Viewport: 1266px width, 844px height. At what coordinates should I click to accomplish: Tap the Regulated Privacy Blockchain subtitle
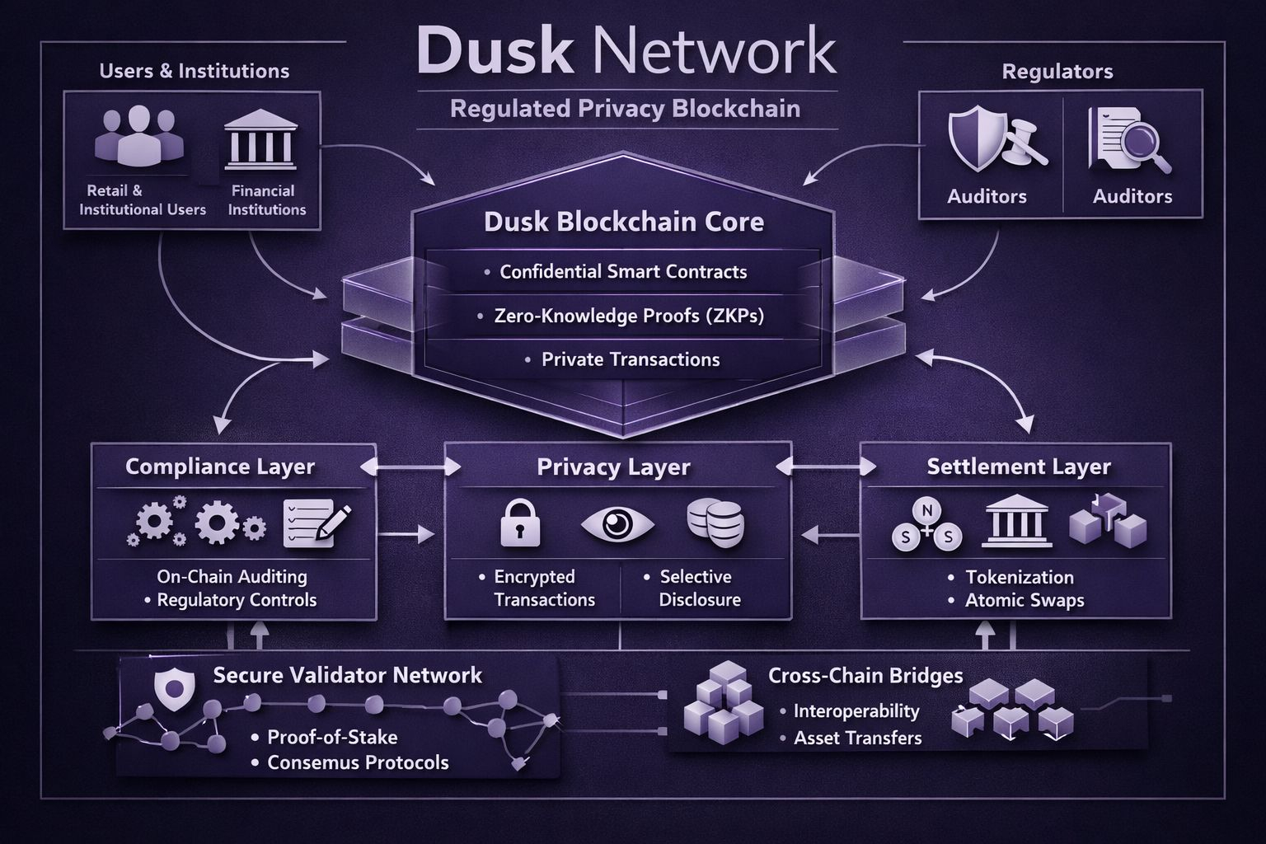[625, 109]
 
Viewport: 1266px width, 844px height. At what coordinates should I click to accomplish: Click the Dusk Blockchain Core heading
[624, 222]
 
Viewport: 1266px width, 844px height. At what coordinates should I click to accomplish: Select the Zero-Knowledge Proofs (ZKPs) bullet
[629, 316]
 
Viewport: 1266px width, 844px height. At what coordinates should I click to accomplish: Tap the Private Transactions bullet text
[631, 359]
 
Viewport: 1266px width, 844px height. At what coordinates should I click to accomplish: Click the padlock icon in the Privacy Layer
[521, 524]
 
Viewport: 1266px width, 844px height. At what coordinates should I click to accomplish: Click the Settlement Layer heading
[1019, 467]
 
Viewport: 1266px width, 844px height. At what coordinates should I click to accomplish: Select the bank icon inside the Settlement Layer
[1017, 521]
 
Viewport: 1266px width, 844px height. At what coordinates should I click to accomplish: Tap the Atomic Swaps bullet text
[1025, 600]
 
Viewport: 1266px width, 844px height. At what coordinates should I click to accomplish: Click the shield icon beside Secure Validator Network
[175, 687]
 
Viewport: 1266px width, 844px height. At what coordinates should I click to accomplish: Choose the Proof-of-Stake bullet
[332, 737]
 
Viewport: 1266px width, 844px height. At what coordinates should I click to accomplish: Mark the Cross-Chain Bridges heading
[865, 676]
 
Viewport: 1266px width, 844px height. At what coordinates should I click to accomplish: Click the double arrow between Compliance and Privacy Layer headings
[410, 467]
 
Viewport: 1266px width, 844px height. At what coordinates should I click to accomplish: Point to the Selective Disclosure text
[699, 588]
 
